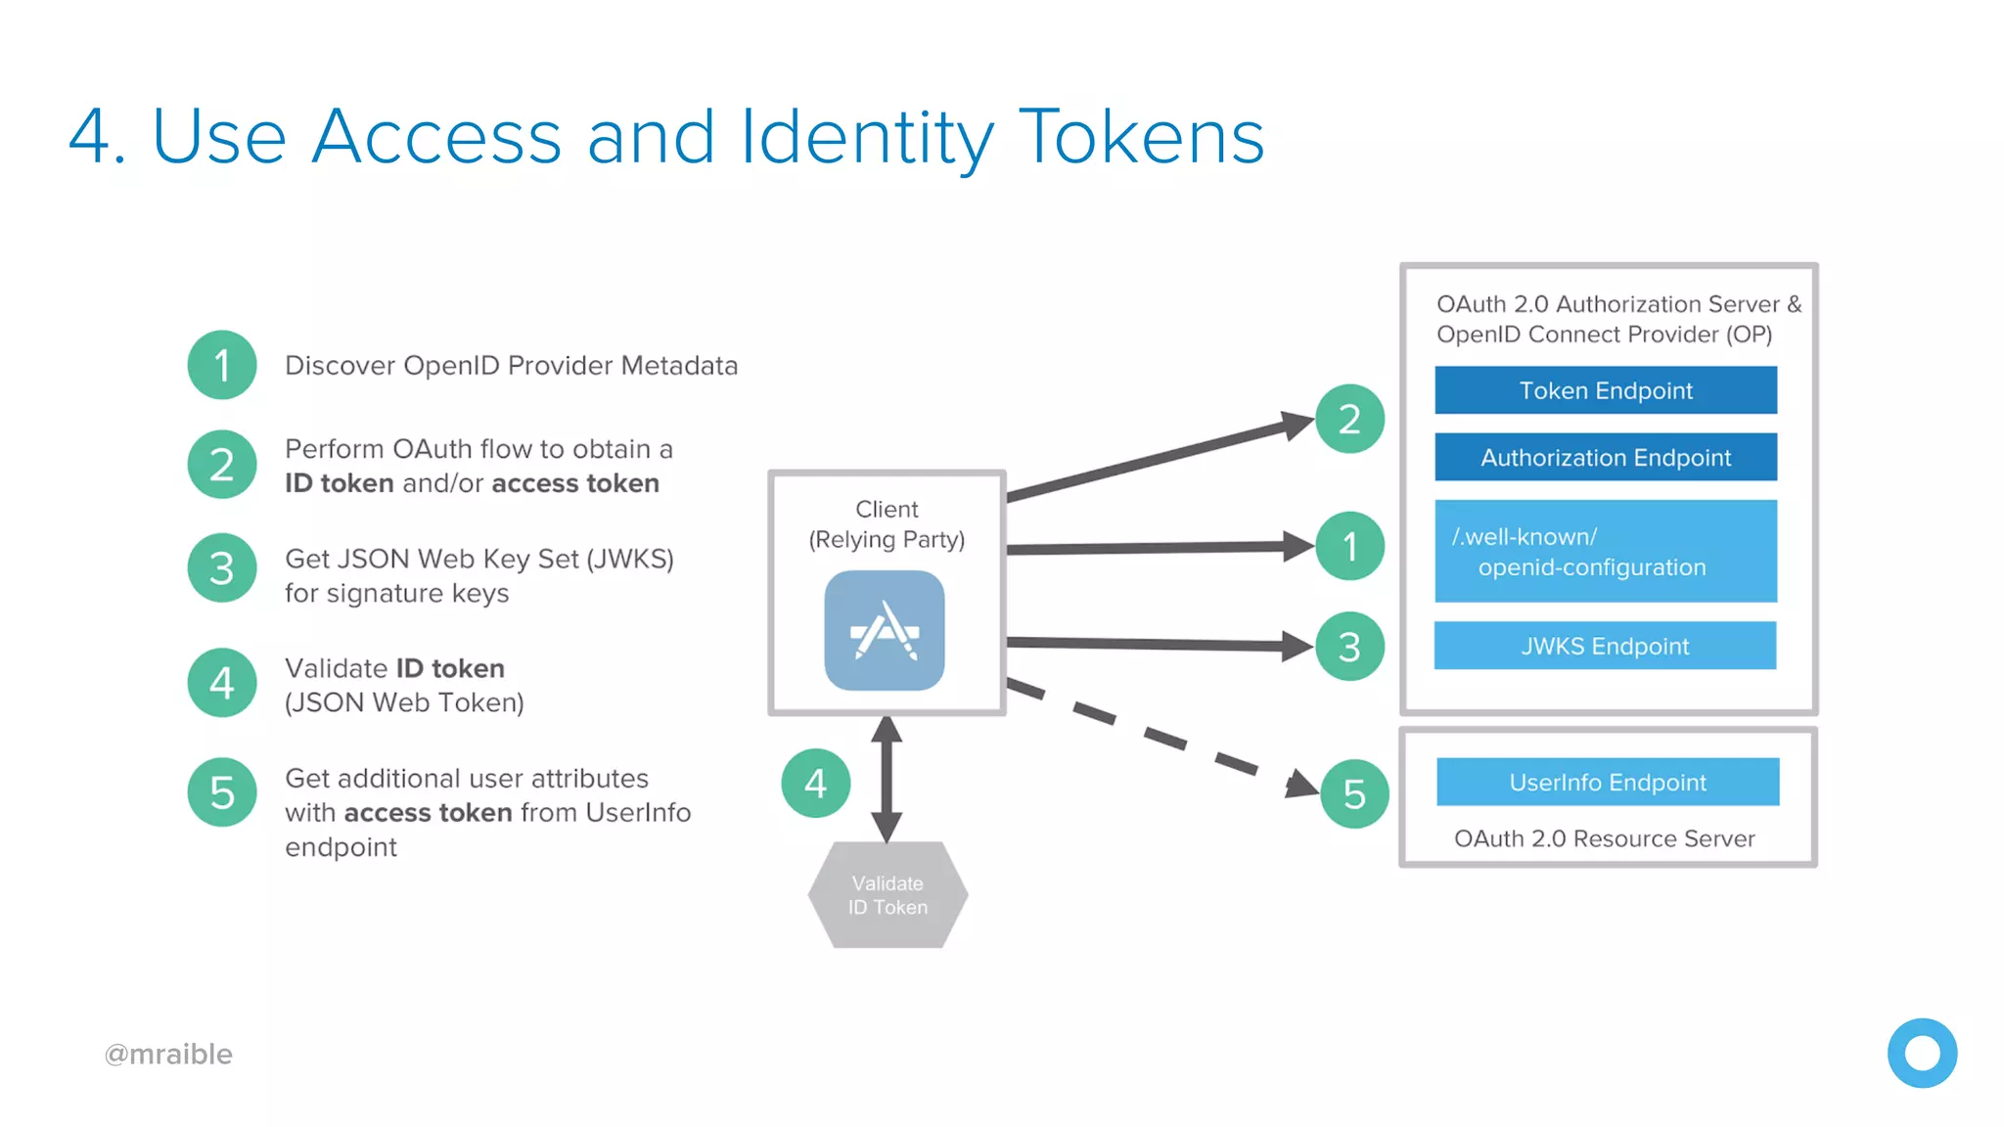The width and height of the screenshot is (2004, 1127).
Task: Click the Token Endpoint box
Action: pyautogui.click(x=1605, y=390)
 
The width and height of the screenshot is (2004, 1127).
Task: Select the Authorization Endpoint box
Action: pyautogui.click(x=1605, y=457)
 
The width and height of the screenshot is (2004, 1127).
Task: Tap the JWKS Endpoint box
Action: pyautogui.click(x=1605, y=646)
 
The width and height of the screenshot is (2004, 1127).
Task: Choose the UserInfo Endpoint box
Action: pyautogui.click(x=1607, y=782)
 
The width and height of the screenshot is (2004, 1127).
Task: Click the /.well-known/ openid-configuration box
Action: pyautogui.click(x=1605, y=551)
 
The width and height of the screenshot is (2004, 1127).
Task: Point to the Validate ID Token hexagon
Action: pyautogui.click(x=888, y=894)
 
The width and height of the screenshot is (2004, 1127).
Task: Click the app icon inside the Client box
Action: pyautogui.click(x=885, y=631)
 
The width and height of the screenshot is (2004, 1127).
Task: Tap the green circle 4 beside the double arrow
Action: pyautogui.click(x=816, y=783)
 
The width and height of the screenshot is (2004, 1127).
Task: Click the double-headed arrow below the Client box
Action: pyautogui.click(x=887, y=779)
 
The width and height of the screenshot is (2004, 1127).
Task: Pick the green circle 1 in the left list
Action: pyautogui.click(x=222, y=365)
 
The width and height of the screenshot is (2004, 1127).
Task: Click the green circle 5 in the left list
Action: pyautogui.click(x=222, y=792)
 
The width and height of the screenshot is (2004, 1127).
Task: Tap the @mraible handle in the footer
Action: pyautogui.click(x=168, y=1054)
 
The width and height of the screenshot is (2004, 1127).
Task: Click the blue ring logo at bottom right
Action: pyautogui.click(x=1922, y=1053)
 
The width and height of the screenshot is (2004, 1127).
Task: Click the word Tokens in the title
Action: pyautogui.click(x=1141, y=137)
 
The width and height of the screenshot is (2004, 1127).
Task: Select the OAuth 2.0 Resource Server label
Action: pyautogui.click(x=1604, y=838)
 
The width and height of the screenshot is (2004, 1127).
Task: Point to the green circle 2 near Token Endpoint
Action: pyautogui.click(x=1349, y=419)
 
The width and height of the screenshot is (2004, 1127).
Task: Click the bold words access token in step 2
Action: pyautogui.click(x=575, y=483)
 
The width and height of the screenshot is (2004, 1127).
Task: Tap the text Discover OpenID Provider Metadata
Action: pyautogui.click(x=511, y=365)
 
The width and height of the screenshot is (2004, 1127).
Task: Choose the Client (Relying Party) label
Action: pyautogui.click(x=887, y=524)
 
